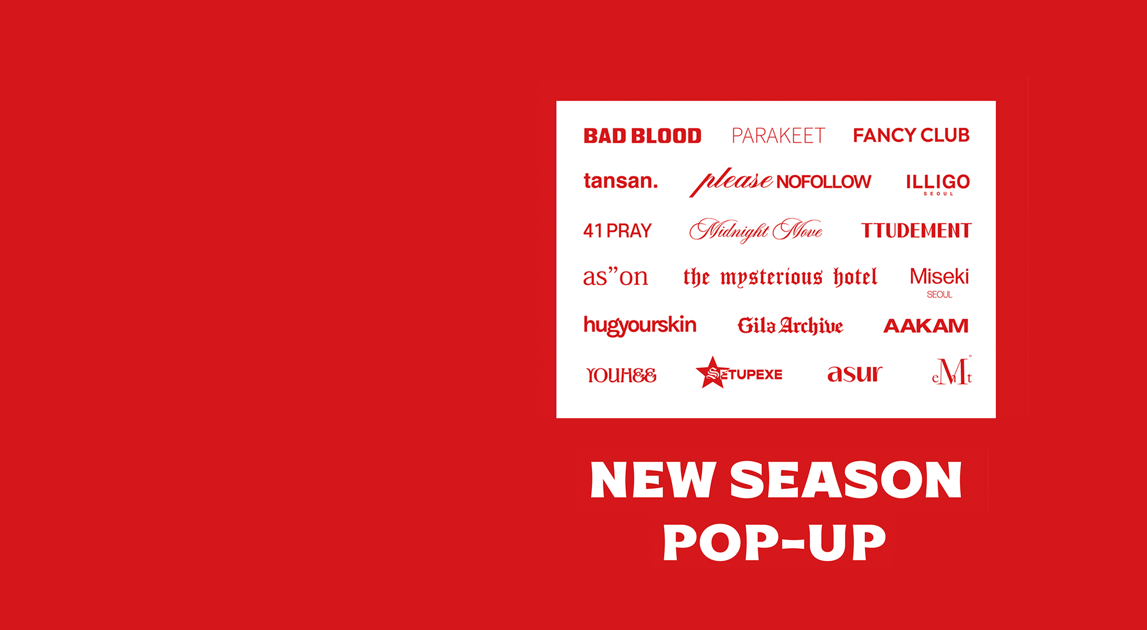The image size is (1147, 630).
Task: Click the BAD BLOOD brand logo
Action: (642, 136)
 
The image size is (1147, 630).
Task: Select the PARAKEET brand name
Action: (778, 136)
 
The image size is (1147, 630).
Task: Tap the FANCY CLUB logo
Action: (911, 135)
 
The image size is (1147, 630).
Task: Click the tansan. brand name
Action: (620, 181)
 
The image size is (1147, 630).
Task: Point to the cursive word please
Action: (732, 181)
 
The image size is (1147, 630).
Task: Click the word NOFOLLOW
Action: (823, 182)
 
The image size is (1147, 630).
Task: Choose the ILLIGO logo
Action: (938, 182)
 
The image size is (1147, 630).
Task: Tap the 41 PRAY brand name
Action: (617, 231)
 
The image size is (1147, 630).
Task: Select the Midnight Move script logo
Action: (755, 231)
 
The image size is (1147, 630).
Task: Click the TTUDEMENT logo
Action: (916, 231)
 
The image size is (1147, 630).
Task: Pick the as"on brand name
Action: (615, 277)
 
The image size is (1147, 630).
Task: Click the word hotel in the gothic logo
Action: (855, 278)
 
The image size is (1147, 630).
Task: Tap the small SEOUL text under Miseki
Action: (939, 295)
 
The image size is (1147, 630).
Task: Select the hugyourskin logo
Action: (640, 325)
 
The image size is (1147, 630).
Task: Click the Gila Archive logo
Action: (790, 326)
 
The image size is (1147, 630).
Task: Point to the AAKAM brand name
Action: (925, 326)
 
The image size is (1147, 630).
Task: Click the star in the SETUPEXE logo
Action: (712, 373)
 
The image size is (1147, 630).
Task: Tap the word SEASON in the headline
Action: (846, 480)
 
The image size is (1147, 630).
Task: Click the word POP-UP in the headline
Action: (774, 542)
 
